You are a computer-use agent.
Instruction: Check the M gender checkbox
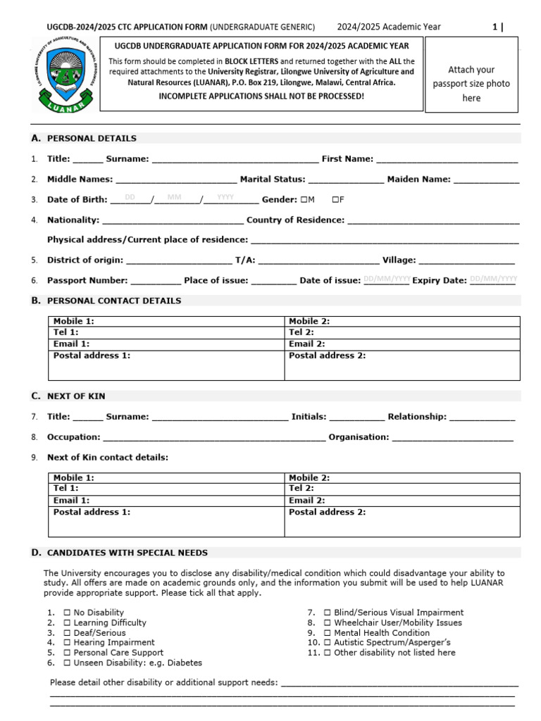pyautogui.click(x=304, y=200)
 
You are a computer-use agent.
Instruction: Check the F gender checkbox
pyautogui.click(x=335, y=200)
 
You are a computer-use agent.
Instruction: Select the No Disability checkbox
pyautogui.click(x=67, y=613)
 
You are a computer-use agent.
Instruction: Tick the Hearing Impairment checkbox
pyautogui.click(x=67, y=642)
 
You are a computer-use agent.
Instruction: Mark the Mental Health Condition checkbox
pyautogui.click(x=327, y=632)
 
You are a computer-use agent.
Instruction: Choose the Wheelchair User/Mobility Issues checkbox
pyautogui.click(x=327, y=622)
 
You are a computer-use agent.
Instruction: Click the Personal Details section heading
pyautogui.click(x=92, y=138)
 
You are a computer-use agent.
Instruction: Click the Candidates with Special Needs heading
pyautogui.click(x=127, y=553)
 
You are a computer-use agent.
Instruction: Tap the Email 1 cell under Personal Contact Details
pyautogui.click(x=166, y=344)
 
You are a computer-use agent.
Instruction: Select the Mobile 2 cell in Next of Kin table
pyautogui.click(x=402, y=477)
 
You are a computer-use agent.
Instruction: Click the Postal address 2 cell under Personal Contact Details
pyautogui.click(x=402, y=365)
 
